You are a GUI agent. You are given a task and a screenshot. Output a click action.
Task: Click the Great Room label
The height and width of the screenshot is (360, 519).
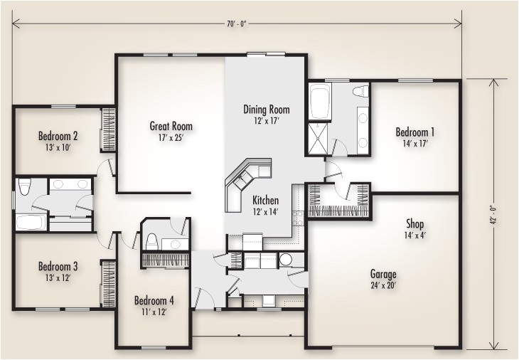[x=171, y=127]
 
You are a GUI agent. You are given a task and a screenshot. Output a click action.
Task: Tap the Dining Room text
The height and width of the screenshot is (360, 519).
[x=267, y=109]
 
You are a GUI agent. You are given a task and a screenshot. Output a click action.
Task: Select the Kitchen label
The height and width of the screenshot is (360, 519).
[x=266, y=201]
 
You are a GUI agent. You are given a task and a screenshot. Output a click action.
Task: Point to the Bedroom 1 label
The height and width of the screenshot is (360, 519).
[x=415, y=132]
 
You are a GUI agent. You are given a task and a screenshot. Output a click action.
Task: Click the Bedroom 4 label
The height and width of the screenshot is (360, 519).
[x=154, y=300]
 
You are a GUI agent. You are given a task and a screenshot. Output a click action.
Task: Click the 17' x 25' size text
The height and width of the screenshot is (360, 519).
[x=171, y=138]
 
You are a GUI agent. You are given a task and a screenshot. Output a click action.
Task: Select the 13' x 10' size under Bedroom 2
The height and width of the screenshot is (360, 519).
[x=58, y=147]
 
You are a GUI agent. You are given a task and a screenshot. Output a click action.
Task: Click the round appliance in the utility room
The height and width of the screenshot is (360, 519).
[x=286, y=260]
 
